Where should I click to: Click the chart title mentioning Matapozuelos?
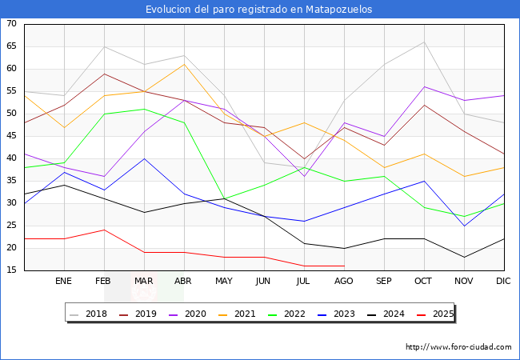[x=259, y=10]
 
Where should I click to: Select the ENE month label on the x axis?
[x=64, y=282]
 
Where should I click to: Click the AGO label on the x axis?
[x=344, y=282]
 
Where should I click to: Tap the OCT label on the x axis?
[x=424, y=282]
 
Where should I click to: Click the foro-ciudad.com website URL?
[x=458, y=347]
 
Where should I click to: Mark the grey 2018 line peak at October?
[x=424, y=42]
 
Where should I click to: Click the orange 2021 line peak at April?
[x=184, y=64]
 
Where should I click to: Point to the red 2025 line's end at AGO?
[x=344, y=266]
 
